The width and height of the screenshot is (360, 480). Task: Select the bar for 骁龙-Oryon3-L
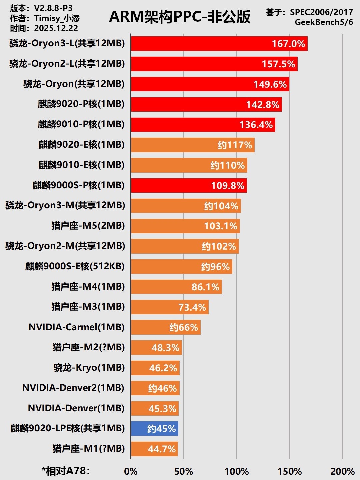pos(219,44)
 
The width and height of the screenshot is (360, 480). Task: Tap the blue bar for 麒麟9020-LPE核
pos(155,429)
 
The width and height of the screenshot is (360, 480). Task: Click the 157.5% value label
pos(278,64)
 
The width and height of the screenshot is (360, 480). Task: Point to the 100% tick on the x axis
pos(237,471)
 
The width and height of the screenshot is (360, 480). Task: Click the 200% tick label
pos(342,471)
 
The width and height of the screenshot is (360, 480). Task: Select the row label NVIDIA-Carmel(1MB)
pos(76,327)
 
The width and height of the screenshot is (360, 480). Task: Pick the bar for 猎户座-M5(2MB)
pos(185,226)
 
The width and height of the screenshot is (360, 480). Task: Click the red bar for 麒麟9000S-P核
pos(189,186)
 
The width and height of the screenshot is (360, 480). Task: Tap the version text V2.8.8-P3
pos(53,8)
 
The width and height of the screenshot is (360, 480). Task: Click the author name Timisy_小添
pos(57,18)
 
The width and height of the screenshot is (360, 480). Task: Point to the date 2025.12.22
pos(56,28)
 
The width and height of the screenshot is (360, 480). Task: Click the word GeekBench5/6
pos(324,22)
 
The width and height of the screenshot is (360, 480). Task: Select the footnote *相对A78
pos(66,471)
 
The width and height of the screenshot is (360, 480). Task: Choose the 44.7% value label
pos(162,449)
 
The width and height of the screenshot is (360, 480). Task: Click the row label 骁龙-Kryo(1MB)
pos(89,368)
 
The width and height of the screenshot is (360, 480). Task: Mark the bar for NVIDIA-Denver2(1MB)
pos(155,388)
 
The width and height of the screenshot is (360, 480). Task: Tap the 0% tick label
pos(131,471)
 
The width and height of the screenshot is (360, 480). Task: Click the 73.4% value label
pos(192,307)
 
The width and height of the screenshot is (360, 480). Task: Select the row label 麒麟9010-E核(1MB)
pos(81,165)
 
